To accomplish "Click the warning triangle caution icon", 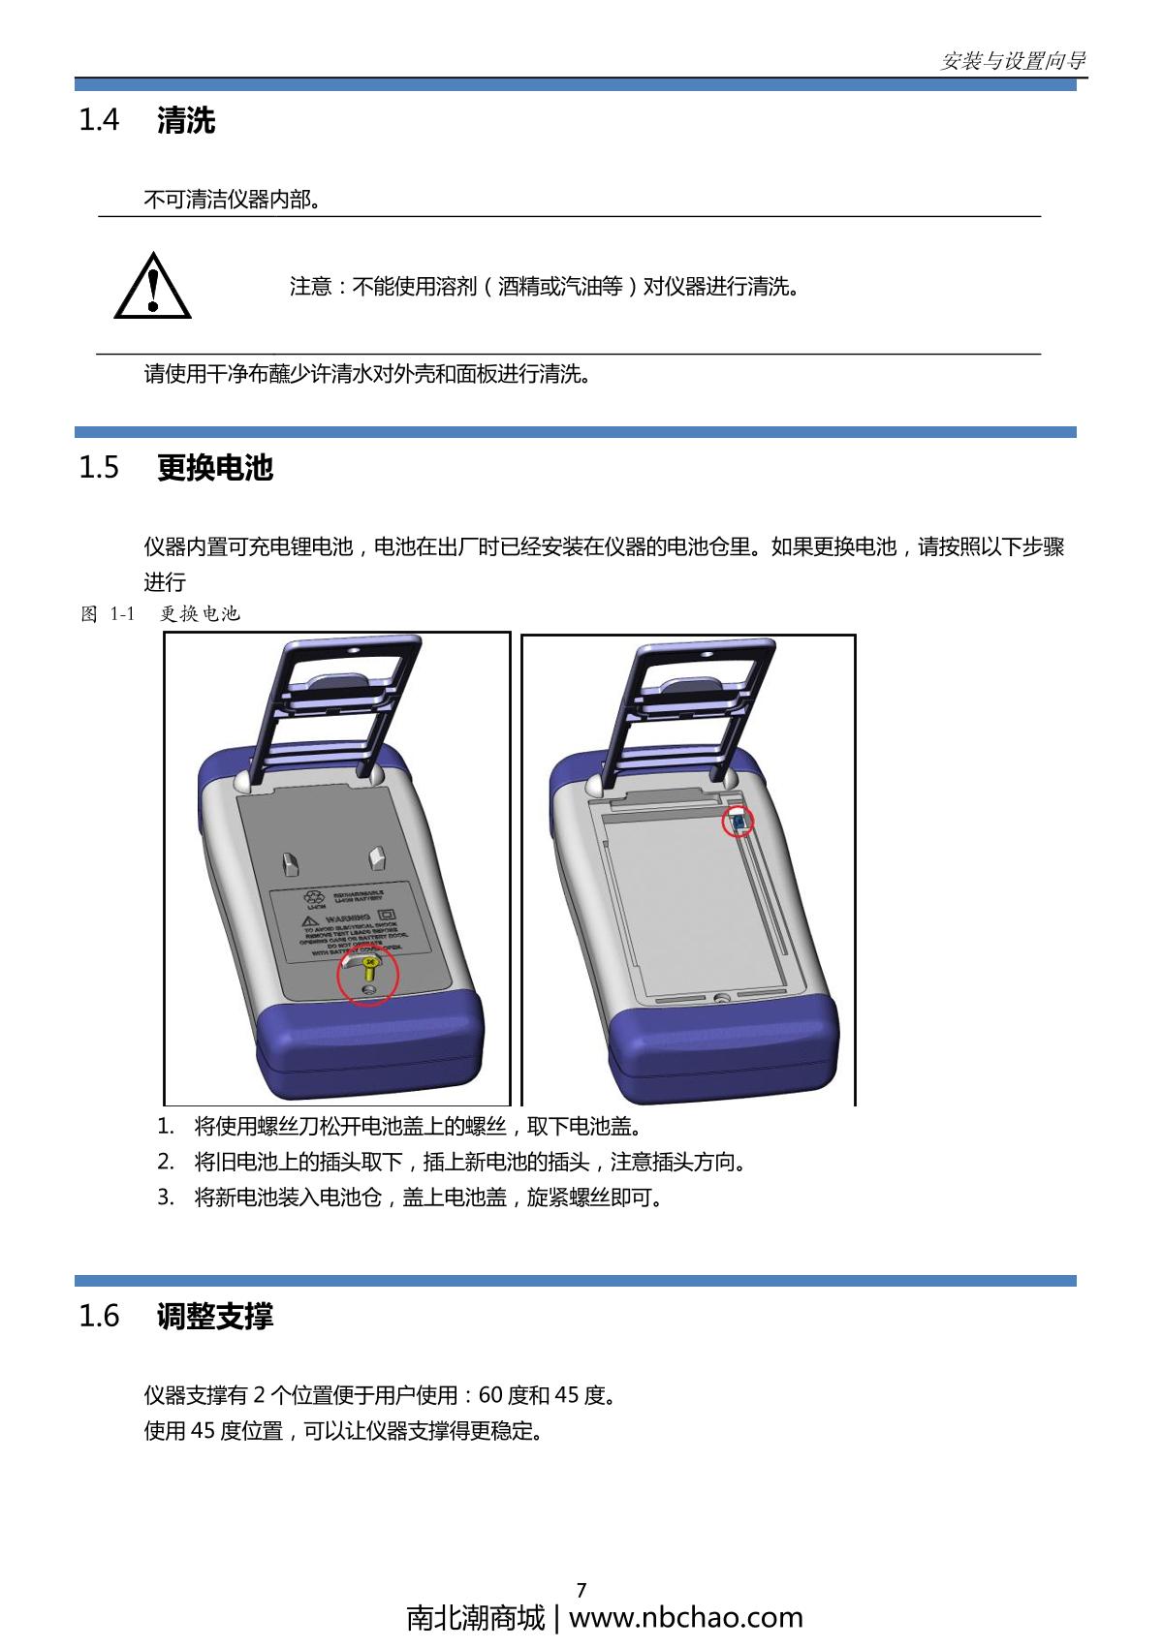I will [x=152, y=287].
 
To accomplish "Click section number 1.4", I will [x=98, y=121].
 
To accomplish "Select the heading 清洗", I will [x=186, y=121].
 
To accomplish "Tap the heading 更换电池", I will [x=215, y=468].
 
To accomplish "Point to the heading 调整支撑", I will [x=215, y=1316].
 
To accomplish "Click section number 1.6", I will [x=98, y=1316].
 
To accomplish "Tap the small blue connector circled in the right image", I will [x=739, y=823].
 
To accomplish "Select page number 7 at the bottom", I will [x=581, y=1590].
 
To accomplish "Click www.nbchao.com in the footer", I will [x=685, y=1618].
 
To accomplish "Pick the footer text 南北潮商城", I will [x=476, y=1618].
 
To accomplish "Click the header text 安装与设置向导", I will [x=1013, y=61].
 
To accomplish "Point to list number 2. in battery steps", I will [x=166, y=1162].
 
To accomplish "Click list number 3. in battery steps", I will [x=166, y=1198].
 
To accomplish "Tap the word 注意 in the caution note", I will [x=310, y=287].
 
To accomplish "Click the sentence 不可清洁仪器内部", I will [x=232, y=200].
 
